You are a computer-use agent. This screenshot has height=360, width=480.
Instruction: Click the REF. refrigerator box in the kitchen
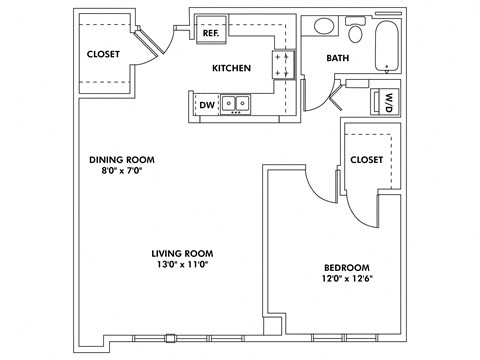[210, 33]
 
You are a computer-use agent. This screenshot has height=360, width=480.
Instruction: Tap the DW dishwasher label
[207, 104]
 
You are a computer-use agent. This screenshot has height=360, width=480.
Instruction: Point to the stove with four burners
[283, 66]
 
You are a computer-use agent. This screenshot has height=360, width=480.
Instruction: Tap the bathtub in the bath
[388, 44]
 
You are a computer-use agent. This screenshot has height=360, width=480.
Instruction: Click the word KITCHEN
[231, 68]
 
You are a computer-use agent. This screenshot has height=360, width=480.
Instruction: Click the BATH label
[338, 59]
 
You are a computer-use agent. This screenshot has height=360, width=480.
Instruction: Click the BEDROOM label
[347, 267]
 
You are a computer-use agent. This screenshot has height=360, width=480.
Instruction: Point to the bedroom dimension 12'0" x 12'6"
[347, 280]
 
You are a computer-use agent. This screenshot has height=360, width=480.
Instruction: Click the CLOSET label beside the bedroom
[367, 160]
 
